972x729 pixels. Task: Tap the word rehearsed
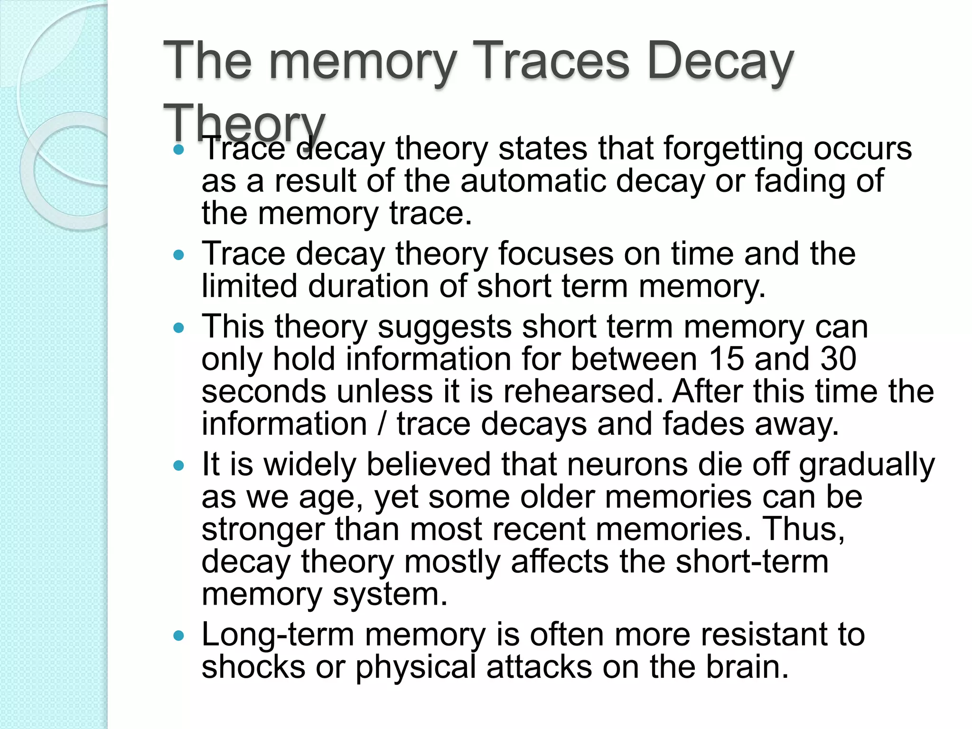coord(582,392)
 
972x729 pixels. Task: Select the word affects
coord(560,562)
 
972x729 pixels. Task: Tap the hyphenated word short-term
coord(752,562)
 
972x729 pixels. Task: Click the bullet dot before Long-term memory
coord(178,636)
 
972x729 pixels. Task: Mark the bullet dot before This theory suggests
coord(178,328)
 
